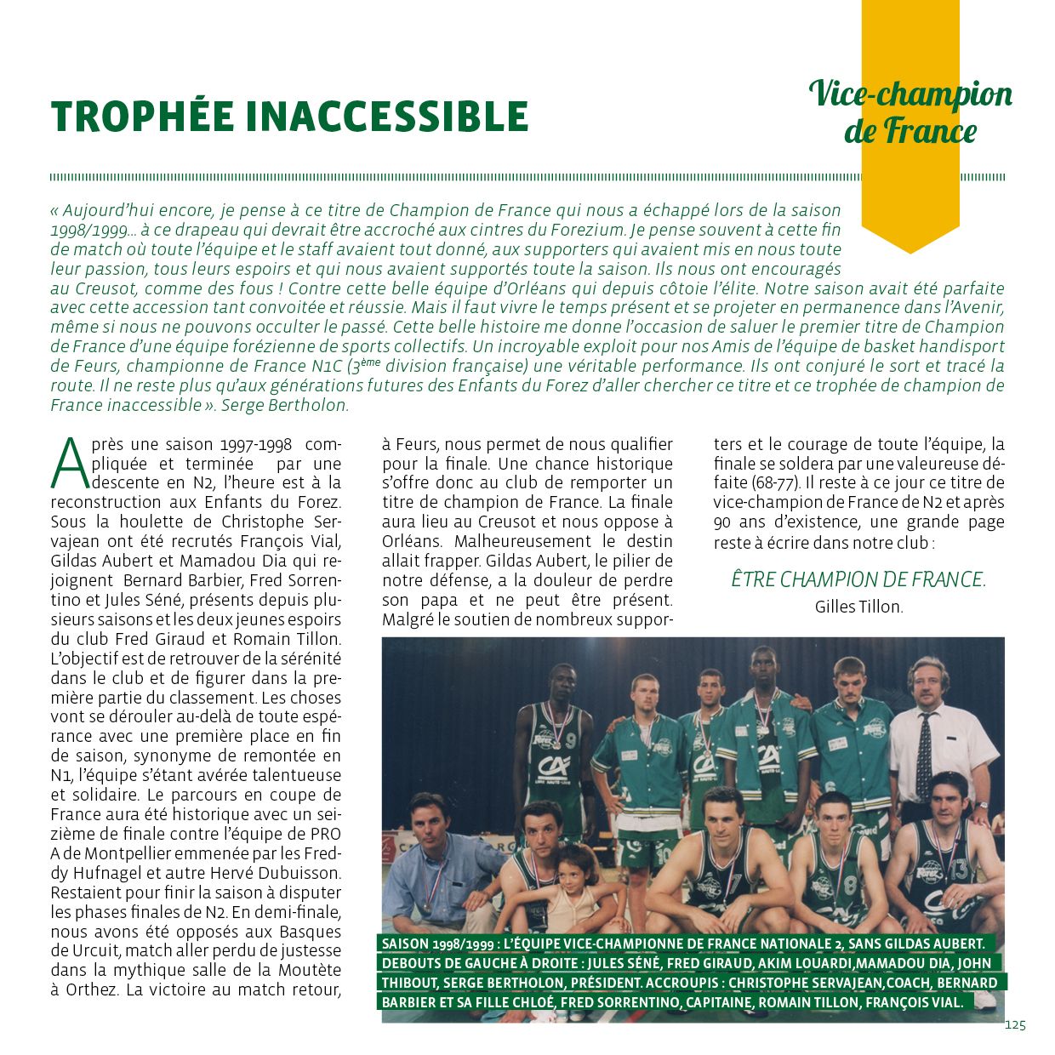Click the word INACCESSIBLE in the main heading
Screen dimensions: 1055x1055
(387, 117)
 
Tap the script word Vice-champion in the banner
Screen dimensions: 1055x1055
(910, 94)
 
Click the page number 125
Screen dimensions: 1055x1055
(1015, 1025)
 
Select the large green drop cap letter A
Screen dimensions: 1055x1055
(69, 464)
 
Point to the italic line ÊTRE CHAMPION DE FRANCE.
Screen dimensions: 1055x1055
(858, 580)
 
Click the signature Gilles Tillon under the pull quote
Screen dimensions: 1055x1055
(858, 607)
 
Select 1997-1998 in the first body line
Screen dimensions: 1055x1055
(256, 445)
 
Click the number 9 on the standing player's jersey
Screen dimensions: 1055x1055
(570, 740)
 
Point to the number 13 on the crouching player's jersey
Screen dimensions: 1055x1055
(960, 869)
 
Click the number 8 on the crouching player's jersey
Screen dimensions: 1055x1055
(850, 882)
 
